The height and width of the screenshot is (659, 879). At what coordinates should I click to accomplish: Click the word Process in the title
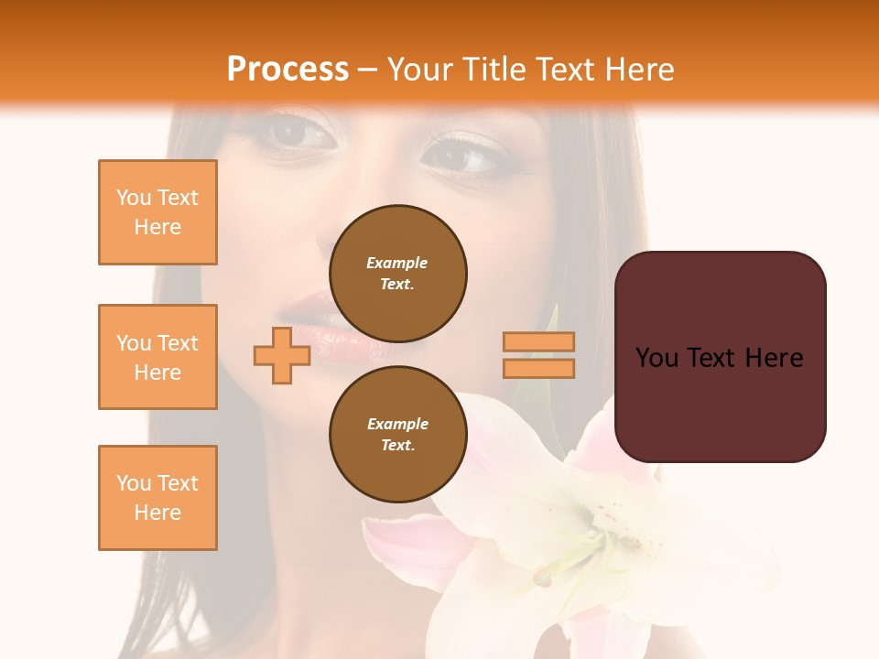coord(288,70)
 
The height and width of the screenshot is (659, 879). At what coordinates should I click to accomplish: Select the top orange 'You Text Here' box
coord(157,212)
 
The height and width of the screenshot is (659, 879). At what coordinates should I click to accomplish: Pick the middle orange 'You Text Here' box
coord(157,357)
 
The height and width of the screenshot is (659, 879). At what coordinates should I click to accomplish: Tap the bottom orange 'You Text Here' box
coord(157,497)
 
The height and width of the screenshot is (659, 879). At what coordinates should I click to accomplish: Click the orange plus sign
coord(282,355)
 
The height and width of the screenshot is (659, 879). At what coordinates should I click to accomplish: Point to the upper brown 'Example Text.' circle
coord(397,274)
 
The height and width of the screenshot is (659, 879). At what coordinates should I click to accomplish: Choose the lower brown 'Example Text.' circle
coord(397,435)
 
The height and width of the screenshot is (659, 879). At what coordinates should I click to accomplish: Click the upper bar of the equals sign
coord(538,342)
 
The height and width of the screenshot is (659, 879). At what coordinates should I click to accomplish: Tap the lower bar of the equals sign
coord(538,368)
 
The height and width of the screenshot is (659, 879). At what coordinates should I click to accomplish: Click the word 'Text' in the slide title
coord(568,70)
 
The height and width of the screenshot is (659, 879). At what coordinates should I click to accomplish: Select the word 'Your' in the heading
coord(420,70)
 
